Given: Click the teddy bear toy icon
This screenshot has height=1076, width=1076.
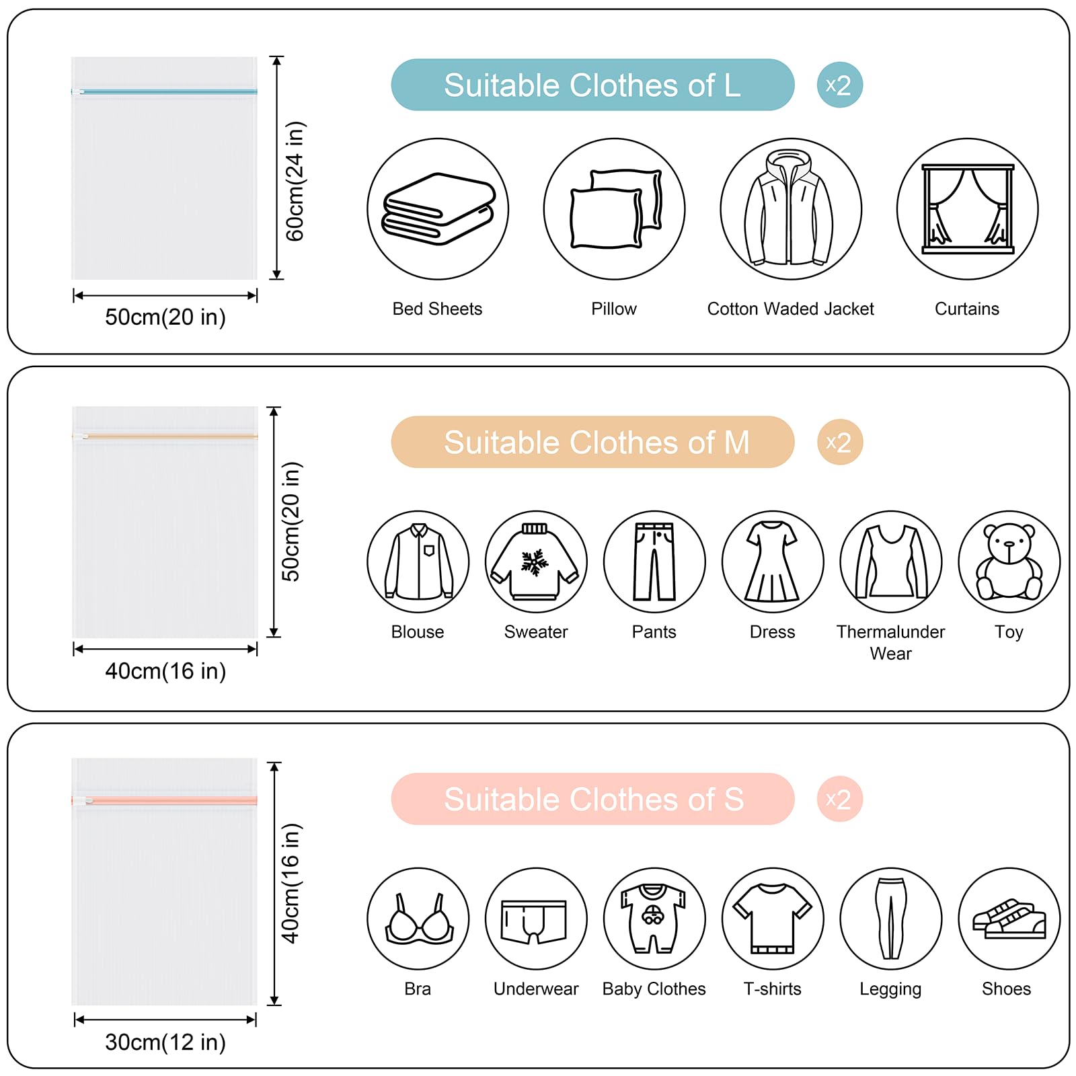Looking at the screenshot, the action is pos(1009,562).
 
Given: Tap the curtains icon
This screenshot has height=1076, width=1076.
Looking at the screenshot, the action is pos(967,209).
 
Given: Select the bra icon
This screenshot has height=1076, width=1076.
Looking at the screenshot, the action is pos(418,919).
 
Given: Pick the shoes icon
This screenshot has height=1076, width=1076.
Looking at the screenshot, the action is pos(1009,919).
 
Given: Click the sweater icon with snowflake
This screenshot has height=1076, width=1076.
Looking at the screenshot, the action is pos(536,562).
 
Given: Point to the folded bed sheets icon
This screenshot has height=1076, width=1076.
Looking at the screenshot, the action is pos(438,209).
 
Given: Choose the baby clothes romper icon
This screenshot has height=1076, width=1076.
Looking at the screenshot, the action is pos(654,919).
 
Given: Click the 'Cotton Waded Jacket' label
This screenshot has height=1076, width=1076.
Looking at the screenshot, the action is pos(790,309).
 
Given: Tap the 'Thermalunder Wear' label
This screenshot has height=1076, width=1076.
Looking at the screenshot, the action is pos(890,642).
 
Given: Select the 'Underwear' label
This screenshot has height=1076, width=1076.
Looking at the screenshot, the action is pos(536,989).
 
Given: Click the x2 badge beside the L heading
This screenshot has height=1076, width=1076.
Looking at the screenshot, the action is pos(839,85).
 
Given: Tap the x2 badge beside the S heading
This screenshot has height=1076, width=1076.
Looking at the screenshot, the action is pos(839,799).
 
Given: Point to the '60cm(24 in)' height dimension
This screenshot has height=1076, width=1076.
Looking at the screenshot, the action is pos(295,181).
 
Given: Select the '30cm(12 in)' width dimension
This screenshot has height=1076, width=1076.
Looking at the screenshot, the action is pos(165,1042).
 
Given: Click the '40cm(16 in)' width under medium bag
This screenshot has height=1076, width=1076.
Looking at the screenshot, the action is pos(165,670).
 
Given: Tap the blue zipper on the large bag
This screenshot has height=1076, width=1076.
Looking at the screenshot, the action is pos(164,91).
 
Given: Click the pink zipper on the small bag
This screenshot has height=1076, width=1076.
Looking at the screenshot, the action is pos(164,800).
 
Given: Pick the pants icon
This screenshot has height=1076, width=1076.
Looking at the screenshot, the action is pos(654,562).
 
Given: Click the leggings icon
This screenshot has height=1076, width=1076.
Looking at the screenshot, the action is pos(891,919).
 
